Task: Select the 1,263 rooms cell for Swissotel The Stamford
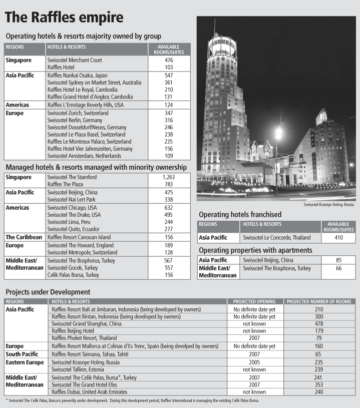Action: point(169,177)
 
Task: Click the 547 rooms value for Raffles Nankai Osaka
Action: point(169,75)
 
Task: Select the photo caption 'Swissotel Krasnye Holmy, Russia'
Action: point(329,205)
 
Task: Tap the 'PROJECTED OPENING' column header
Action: point(254,301)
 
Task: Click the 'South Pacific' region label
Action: point(23,354)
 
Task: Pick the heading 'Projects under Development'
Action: point(48,292)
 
